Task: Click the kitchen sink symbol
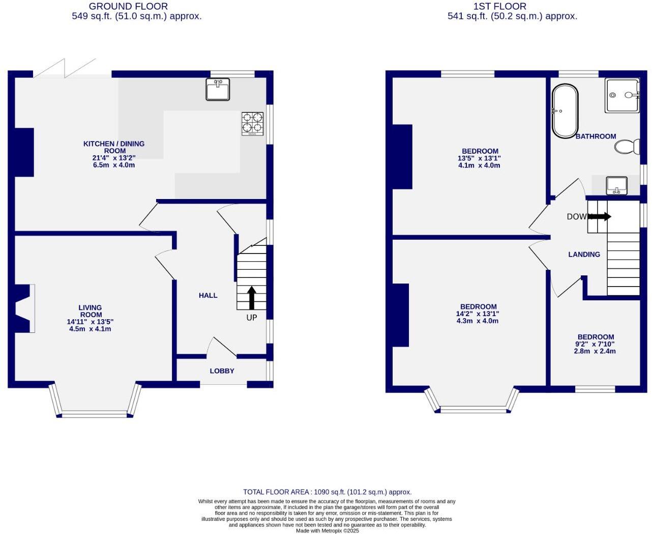tap(218, 89)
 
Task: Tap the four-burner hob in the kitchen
tap(252, 123)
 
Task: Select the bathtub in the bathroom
tap(565, 111)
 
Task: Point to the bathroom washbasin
tap(616, 185)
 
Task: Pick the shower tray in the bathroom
tap(622, 95)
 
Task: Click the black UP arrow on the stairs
tap(251, 297)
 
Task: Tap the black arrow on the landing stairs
tap(599, 216)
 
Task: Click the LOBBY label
tap(222, 371)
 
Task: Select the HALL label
tap(208, 295)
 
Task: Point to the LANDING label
tap(584, 255)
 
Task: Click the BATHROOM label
tap(596, 136)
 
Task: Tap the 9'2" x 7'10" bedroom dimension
tap(595, 344)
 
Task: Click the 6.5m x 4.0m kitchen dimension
tap(114, 165)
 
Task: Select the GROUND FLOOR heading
tap(128, 6)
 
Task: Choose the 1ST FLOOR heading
tap(499, 6)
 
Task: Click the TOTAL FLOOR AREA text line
tap(327, 492)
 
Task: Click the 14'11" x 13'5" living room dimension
tap(90, 322)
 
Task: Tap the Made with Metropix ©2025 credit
tap(327, 530)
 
